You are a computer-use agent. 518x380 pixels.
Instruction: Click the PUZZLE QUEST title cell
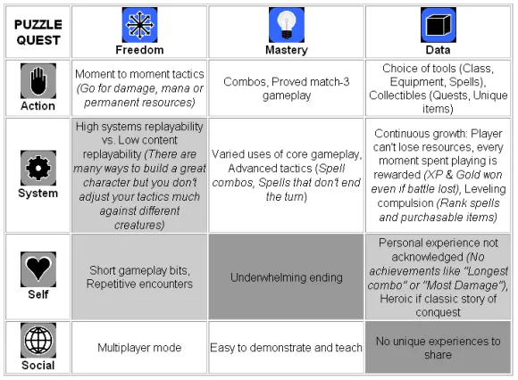click(x=38, y=32)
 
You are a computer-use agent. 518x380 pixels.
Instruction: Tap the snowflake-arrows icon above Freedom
click(x=139, y=25)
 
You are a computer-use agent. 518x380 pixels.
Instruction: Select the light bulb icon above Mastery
click(x=287, y=25)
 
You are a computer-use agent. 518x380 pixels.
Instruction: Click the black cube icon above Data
click(x=438, y=25)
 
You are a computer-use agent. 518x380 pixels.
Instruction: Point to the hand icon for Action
click(x=38, y=81)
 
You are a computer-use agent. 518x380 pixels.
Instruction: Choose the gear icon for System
click(x=38, y=168)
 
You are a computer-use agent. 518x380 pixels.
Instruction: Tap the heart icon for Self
click(x=38, y=269)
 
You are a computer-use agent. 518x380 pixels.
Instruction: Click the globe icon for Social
click(x=38, y=341)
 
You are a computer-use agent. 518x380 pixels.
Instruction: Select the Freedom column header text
click(x=139, y=50)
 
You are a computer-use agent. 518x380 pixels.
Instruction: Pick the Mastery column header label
click(x=287, y=50)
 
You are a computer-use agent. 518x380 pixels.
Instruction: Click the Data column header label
click(x=438, y=50)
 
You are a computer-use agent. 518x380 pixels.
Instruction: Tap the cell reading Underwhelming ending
click(x=287, y=277)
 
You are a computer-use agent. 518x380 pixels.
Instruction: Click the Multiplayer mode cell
click(x=139, y=347)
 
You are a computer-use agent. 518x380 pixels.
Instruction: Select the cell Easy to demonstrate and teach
click(x=287, y=347)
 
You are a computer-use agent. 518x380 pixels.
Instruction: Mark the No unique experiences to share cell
click(x=438, y=347)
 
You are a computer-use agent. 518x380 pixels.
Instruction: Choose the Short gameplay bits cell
click(x=139, y=277)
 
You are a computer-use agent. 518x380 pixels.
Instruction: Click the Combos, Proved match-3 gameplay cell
click(x=287, y=88)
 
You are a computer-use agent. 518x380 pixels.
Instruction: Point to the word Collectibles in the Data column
click(x=397, y=95)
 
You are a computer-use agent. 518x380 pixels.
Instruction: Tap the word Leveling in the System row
click(x=485, y=189)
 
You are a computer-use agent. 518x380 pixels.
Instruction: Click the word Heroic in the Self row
click(x=396, y=299)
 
